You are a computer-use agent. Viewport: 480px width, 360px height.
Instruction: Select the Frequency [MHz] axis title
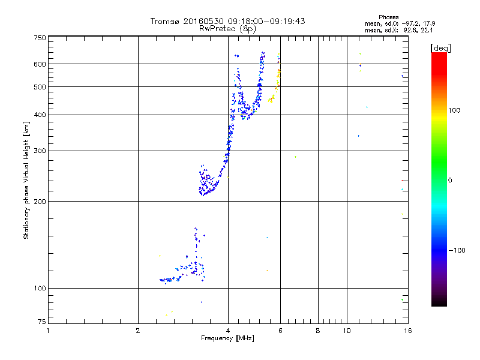point(227,338)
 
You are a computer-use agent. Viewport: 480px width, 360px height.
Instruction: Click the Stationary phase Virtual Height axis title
point(26,181)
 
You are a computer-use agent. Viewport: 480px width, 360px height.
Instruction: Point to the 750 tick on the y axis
point(40,38)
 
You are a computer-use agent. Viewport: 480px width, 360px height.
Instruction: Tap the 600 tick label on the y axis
point(40,64)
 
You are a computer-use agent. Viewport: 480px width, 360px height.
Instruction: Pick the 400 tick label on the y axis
point(40,115)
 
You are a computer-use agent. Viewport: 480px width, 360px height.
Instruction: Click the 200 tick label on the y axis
point(40,201)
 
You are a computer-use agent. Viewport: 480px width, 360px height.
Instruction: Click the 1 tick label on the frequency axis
point(48,331)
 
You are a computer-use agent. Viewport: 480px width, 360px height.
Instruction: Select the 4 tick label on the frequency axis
point(227,331)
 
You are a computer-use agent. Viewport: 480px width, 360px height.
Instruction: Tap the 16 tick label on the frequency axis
point(407,331)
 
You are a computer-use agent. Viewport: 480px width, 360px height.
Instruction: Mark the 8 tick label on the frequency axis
point(317,331)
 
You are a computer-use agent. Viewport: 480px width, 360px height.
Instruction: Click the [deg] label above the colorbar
point(441,47)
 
